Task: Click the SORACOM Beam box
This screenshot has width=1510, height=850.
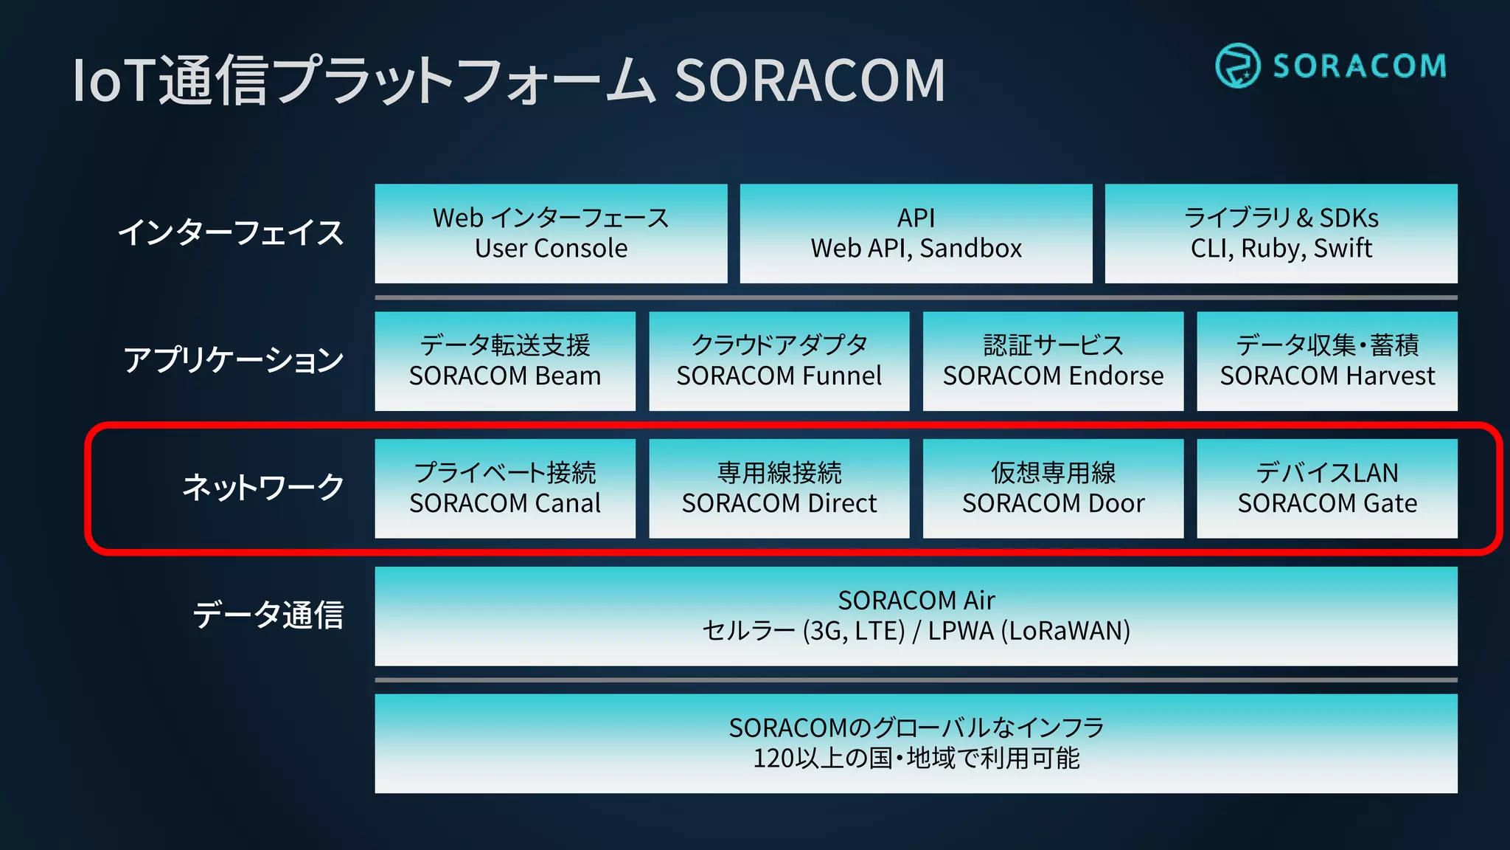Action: (505, 361)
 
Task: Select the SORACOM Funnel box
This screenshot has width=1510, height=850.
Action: (779, 361)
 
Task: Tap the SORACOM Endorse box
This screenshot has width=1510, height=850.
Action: (1053, 361)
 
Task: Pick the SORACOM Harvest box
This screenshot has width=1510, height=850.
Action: (1326, 361)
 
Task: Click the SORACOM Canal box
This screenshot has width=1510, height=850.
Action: (505, 488)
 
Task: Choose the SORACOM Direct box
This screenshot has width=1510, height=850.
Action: (779, 488)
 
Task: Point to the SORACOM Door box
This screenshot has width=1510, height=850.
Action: (1053, 488)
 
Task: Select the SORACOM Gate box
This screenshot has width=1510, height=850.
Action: (1326, 488)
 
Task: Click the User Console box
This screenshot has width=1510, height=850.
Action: (551, 233)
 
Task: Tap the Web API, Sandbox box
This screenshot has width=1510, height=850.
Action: (916, 233)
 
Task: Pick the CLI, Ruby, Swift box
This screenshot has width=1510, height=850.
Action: (1281, 233)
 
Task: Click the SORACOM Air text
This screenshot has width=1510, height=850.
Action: (916, 601)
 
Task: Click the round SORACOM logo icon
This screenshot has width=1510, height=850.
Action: (1237, 66)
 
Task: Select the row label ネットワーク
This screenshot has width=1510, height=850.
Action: (263, 488)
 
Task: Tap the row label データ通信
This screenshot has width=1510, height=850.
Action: (268, 615)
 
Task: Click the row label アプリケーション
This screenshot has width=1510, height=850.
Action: (233, 360)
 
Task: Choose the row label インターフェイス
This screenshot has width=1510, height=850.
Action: (231, 232)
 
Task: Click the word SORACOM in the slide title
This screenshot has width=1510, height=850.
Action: (810, 80)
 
